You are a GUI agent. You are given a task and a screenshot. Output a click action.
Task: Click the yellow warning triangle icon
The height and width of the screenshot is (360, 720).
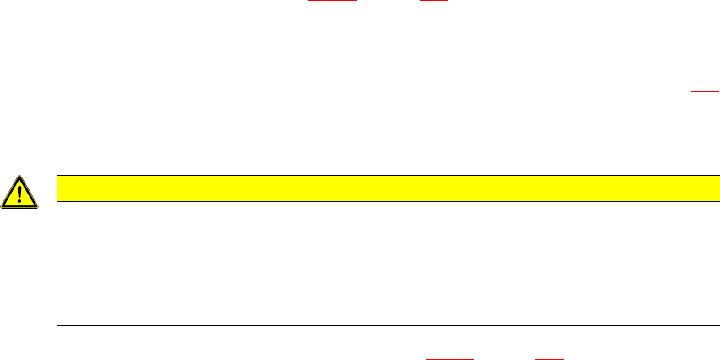tap(19, 194)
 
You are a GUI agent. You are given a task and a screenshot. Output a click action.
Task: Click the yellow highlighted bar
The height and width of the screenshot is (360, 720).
tap(381, 188)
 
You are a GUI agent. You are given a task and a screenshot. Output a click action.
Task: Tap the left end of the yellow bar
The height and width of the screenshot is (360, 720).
tap(57, 188)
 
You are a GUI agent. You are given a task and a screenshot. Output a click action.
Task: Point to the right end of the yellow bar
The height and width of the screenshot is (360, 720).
tap(706, 188)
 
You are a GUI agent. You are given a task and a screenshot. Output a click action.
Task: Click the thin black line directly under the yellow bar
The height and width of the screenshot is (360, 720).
tap(381, 201)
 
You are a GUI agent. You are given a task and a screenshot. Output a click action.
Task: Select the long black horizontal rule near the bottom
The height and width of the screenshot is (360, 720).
tap(381, 325)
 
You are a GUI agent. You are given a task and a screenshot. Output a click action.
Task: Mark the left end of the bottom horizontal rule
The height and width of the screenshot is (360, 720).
tap(57, 325)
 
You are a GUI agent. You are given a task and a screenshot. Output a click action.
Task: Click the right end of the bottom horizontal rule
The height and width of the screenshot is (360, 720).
tap(706, 325)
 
